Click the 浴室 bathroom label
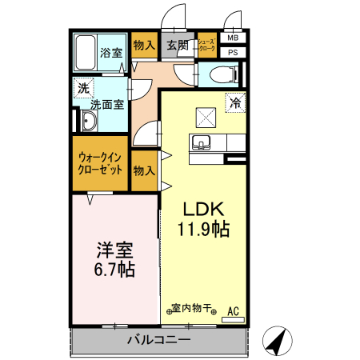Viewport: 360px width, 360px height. [111, 54]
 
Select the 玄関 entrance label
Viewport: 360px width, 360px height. [177, 46]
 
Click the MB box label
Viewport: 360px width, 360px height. [233, 38]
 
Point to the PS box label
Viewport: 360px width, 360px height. [233, 52]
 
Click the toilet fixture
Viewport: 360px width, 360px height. [221, 75]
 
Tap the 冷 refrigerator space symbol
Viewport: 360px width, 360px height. [236, 102]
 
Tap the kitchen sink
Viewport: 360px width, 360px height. [202, 142]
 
